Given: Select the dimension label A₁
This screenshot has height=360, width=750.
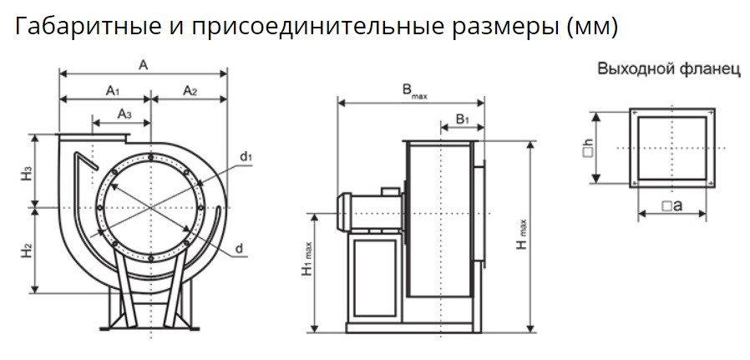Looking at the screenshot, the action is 113,90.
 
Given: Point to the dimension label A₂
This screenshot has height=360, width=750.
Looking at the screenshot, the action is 190,90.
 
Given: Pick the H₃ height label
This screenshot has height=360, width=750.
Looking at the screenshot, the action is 27,173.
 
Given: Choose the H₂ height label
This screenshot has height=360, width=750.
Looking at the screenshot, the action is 27,251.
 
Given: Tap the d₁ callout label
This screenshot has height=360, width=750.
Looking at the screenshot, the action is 246,156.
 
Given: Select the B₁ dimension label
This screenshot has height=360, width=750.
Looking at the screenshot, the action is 463,119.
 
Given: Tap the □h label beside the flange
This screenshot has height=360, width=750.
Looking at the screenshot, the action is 588,149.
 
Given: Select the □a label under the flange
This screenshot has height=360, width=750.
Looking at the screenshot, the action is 672,206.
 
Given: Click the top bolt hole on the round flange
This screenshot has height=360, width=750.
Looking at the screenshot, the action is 150,157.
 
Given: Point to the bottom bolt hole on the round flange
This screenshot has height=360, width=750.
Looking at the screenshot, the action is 150,258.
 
